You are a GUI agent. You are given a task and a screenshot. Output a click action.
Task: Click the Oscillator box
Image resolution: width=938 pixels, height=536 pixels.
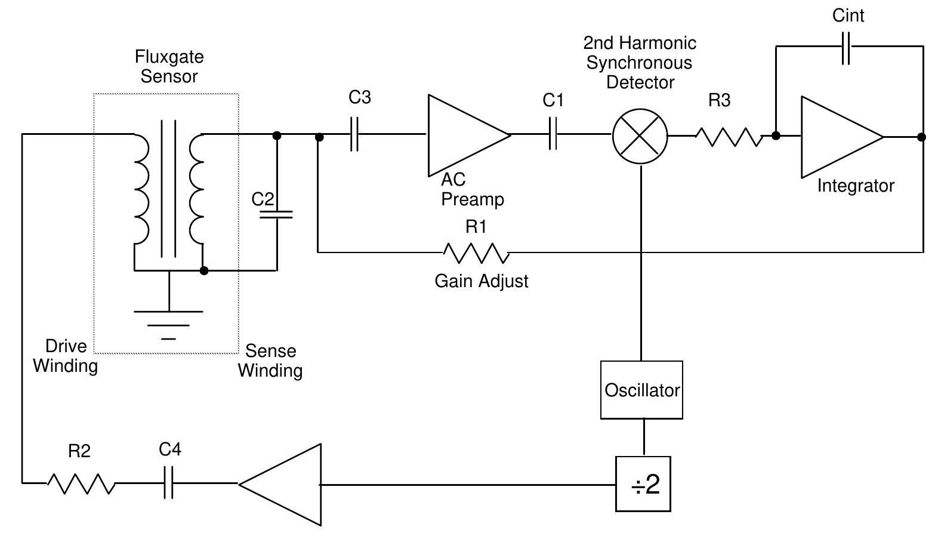tap(641, 390)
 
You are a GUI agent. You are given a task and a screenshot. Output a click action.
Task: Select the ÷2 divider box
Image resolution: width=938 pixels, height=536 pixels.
tap(643, 484)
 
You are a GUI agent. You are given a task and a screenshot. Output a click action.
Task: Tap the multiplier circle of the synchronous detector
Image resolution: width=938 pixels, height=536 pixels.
tap(640, 136)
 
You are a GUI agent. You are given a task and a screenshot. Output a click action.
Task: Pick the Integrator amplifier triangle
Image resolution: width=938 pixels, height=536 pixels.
tap(835, 137)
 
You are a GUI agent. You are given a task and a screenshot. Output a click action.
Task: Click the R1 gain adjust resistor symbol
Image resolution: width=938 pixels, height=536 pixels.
tap(476, 253)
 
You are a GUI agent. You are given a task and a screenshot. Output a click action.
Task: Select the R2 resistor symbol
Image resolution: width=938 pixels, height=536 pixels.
tap(81, 483)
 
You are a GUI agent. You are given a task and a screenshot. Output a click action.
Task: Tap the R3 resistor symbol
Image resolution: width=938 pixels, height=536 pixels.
tap(729, 137)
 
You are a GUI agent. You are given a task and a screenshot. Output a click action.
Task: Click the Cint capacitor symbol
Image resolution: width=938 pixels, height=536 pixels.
tap(846, 47)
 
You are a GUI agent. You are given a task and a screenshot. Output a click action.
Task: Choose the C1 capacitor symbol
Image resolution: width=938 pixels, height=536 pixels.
tap(553, 134)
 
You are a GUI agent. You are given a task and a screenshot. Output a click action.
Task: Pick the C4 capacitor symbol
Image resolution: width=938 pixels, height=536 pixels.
tap(168, 483)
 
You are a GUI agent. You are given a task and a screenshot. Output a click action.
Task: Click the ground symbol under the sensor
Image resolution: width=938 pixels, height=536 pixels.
tap(169, 325)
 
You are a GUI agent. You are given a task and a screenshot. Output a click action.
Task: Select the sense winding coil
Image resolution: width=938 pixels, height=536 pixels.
tap(197, 189)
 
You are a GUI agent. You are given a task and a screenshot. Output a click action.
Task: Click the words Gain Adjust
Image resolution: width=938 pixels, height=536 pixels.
tap(481, 281)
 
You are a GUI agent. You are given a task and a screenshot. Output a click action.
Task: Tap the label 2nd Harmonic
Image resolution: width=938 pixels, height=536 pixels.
tap(639, 43)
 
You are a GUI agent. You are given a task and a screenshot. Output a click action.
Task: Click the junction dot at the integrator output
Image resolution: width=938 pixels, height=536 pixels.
tap(921, 137)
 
